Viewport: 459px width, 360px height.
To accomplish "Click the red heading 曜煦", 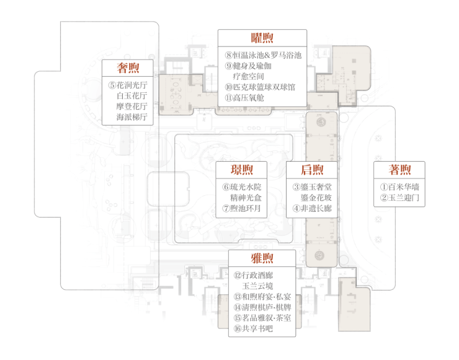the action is (x=262, y=38).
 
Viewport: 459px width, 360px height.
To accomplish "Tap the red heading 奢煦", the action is (x=128, y=68).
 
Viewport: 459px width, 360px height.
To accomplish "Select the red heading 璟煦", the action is (x=241, y=170).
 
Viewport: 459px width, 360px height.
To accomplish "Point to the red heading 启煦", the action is (x=312, y=170).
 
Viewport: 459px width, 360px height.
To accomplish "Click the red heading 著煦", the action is (x=399, y=170).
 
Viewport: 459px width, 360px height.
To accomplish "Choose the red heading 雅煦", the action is (x=262, y=258).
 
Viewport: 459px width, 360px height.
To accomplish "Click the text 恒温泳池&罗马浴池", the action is (x=267, y=55).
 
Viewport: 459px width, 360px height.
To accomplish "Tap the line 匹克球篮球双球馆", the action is (x=264, y=87).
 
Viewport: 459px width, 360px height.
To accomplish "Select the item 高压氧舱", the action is (x=249, y=98).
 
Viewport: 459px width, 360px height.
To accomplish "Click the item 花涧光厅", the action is (x=131, y=85).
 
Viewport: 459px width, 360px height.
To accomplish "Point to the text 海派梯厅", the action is (x=131, y=117).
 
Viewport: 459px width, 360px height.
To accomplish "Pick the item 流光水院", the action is (x=246, y=187).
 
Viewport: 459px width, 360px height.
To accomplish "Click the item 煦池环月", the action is (x=245, y=208).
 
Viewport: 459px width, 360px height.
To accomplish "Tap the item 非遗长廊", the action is (x=316, y=208).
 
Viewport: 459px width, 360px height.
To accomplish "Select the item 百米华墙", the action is (x=404, y=187).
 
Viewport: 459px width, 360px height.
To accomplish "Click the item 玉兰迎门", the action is (x=404, y=198).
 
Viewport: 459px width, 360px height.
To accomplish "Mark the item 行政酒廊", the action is (x=257, y=275).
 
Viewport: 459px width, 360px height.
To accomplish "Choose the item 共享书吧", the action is (x=257, y=328).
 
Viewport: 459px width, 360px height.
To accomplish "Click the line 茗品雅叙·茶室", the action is (x=267, y=318).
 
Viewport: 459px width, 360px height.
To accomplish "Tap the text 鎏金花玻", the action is (x=316, y=198).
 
